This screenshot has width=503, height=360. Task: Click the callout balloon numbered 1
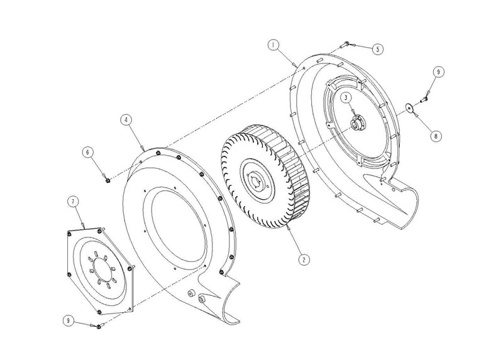[x=273, y=46]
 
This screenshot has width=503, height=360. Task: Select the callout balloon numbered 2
[x=304, y=259]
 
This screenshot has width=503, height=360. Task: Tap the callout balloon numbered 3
[x=346, y=97]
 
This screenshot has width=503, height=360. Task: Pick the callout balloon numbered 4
[x=126, y=120]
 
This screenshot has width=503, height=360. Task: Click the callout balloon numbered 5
[x=378, y=49]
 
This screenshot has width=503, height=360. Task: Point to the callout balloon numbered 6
[x=88, y=152]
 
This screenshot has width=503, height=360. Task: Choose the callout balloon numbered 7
[x=73, y=201]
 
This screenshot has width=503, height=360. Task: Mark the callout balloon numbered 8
[x=435, y=136]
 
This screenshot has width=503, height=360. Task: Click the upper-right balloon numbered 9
[x=438, y=72]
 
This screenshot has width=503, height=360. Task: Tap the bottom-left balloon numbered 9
[x=67, y=320]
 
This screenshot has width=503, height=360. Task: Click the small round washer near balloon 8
[x=409, y=107]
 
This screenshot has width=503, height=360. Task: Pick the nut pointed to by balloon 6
[x=108, y=180]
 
